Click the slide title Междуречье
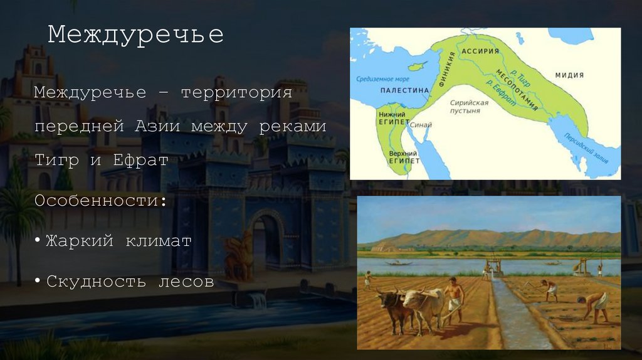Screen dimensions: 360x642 (135, 34)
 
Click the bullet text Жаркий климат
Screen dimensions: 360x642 (118, 241)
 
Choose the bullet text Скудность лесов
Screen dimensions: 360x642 (130, 281)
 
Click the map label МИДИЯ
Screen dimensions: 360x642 (569, 75)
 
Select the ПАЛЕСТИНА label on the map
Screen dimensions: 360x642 (404, 90)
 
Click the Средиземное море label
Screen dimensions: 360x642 (382, 79)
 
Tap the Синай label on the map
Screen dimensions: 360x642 (421, 124)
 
